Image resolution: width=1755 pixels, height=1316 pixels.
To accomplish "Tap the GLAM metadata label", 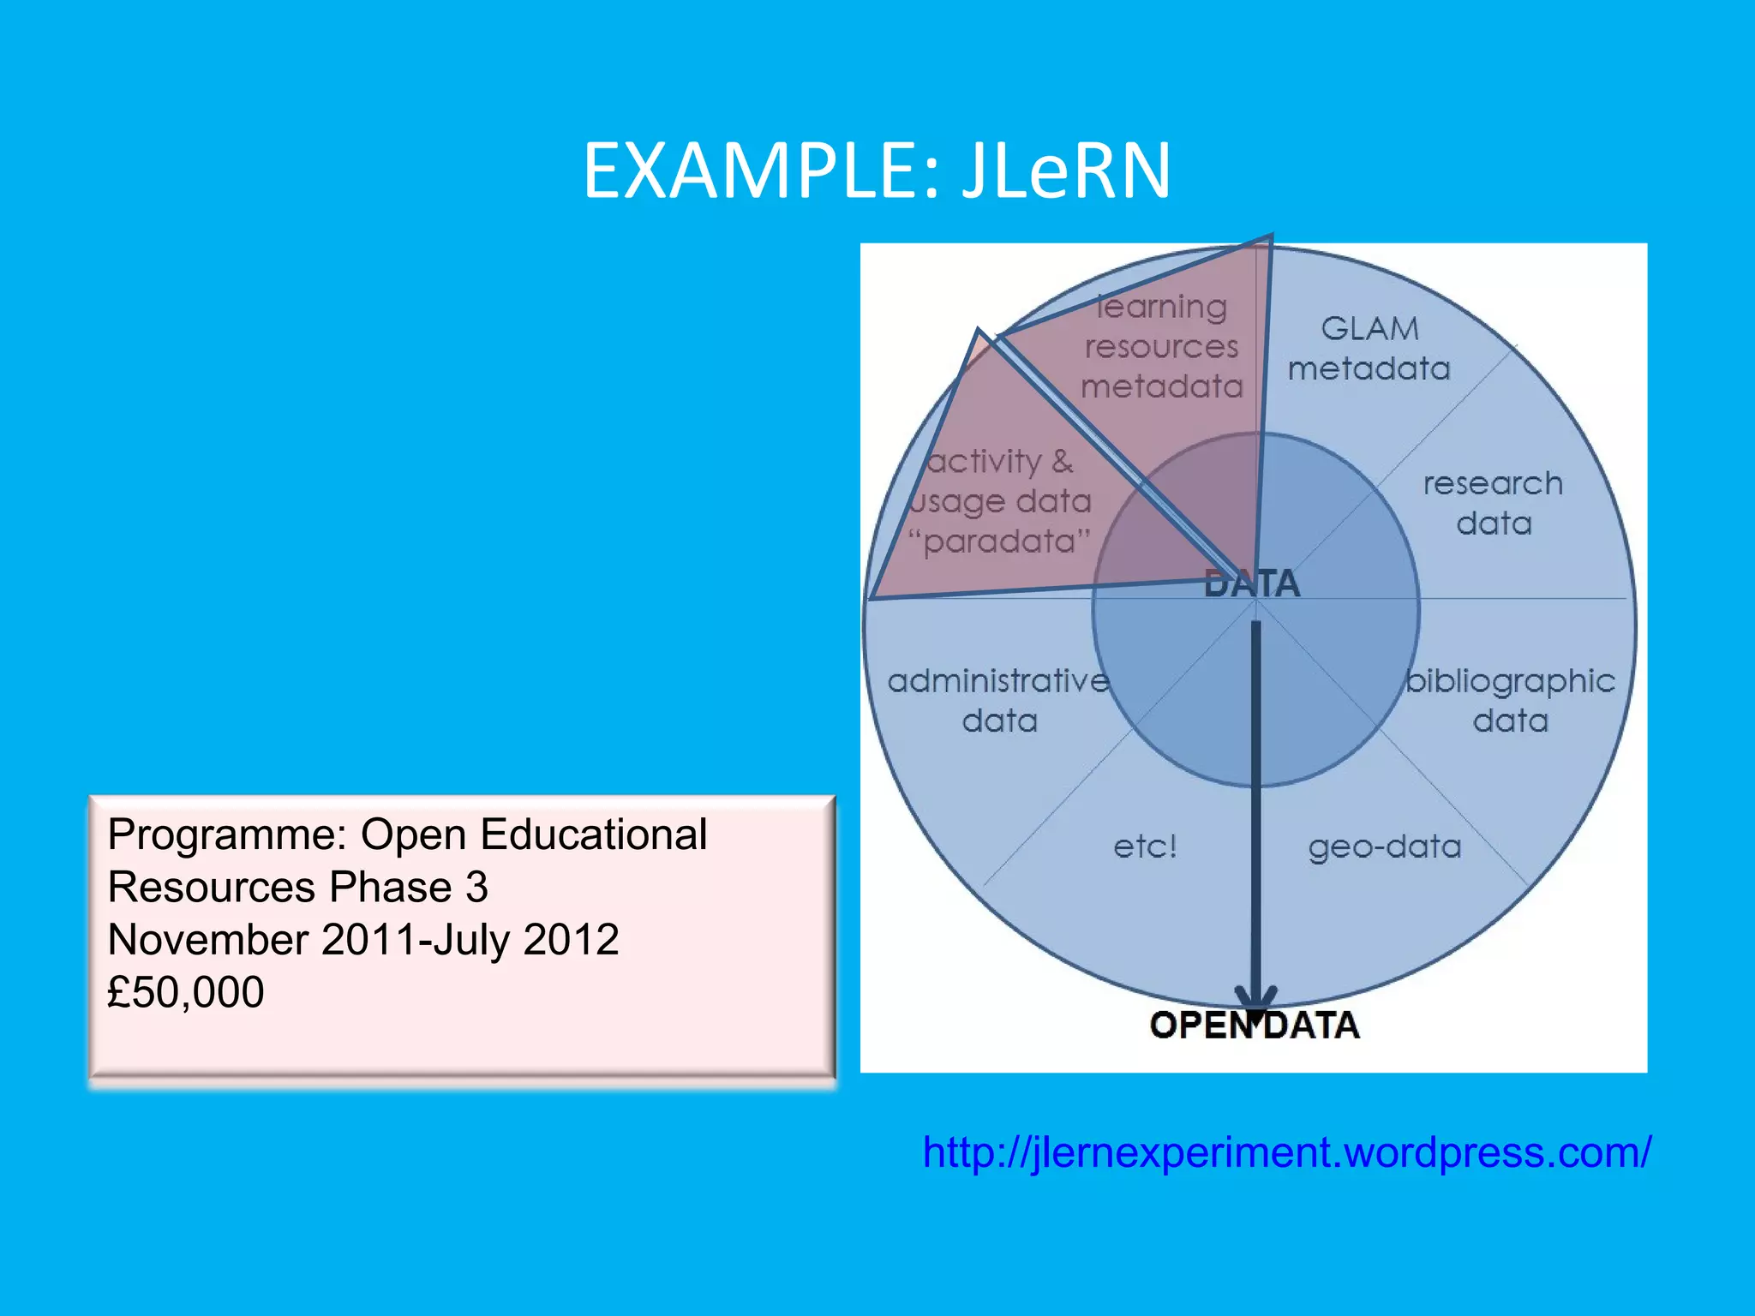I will [x=1369, y=349].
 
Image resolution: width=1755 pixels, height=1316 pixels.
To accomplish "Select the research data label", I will [x=1493, y=504].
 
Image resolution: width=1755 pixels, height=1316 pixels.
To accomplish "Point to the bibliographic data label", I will [x=1510, y=701].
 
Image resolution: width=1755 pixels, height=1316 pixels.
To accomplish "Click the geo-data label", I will [x=1384, y=846].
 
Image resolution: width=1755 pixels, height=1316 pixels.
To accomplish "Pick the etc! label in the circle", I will [x=1145, y=846].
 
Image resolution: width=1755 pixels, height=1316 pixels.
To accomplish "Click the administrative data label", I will [x=998, y=701].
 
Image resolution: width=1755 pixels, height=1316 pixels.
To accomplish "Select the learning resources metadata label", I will [x=1161, y=347].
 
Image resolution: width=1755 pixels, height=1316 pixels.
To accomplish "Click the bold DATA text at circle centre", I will [x=1252, y=584].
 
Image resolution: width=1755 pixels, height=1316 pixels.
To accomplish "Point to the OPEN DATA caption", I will [x=1254, y=1026].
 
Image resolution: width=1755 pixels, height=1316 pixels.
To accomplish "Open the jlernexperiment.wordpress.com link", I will [x=1285, y=1152].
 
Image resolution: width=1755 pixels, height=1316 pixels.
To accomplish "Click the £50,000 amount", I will [x=185, y=992].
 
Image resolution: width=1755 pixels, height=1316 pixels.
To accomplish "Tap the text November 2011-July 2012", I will [x=362, y=940].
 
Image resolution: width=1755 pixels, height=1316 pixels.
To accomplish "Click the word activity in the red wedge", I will [x=985, y=462].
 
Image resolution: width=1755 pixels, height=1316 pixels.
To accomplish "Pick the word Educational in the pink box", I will [x=593, y=834].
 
